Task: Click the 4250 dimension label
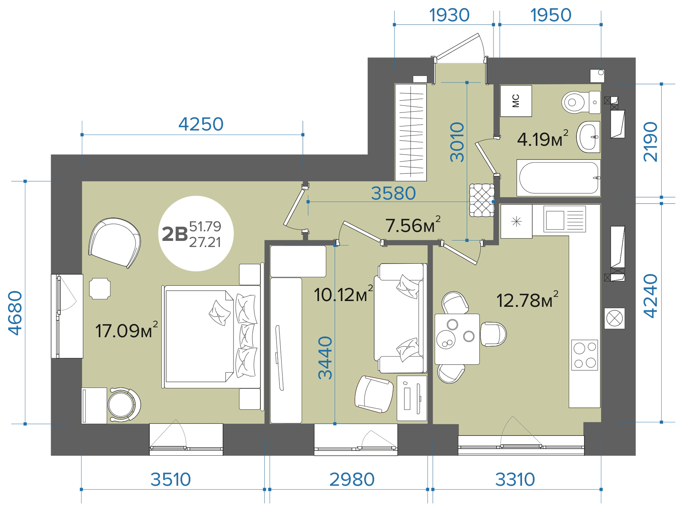coord(201,124)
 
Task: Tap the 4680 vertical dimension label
coord(16,313)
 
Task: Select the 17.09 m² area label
coord(126,330)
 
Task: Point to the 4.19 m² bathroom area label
coord(543,138)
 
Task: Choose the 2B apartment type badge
coord(196,234)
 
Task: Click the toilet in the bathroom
coord(581,102)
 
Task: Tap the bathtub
coord(559,178)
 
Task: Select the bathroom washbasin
coord(588,137)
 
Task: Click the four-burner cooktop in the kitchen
coord(584,355)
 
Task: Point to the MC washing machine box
coord(516,101)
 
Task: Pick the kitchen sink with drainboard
coord(565,219)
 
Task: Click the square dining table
coord(457,339)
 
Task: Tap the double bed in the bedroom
coord(212,337)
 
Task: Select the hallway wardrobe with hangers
coord(411,132)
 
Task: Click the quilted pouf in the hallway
coord(482,200)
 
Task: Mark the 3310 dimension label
coord(515,480)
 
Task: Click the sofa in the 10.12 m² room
coord(401,318)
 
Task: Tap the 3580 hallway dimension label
coord(393,193)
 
